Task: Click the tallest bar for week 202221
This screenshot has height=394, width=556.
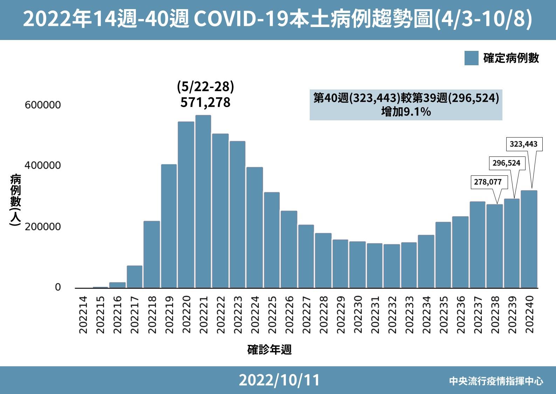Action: click(x=203, y=202)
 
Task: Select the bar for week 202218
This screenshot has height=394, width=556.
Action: click(x=152, y=254)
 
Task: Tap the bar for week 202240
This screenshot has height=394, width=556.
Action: click(x=529, y=239)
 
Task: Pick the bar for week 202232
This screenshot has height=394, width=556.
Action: click(x=392, y=266)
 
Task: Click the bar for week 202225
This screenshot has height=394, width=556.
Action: click(x=272, y=240)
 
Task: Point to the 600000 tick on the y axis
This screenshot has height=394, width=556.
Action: click(x=43, y=105)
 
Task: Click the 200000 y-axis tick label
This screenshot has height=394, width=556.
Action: click(x=43, y=227)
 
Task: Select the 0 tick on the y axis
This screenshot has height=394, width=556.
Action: click(x=58, y=287)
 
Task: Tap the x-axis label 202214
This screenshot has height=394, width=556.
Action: click(x=83, y=315)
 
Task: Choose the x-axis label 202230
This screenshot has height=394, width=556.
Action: click(x=357, y=315)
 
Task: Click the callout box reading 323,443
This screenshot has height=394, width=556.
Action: click(x=523, y=144)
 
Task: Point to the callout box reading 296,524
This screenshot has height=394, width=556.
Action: click(x=506, y=163)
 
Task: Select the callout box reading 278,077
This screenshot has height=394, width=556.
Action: click(x=488, y=182)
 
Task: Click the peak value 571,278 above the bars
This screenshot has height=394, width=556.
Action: click(x=205, y=102)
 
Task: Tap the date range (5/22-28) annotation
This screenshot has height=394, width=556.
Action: click(x=205, y=86)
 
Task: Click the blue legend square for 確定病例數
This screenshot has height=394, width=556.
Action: click(x=471, y=58)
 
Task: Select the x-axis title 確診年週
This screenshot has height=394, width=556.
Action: click(x=269, y=349)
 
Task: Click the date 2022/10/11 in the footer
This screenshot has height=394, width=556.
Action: click(x=279, y=380)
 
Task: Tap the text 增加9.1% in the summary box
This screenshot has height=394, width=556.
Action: click(x=406, y=112)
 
